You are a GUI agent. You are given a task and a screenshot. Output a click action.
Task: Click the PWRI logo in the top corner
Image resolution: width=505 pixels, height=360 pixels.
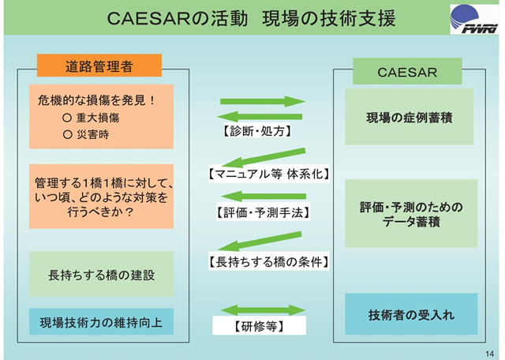(473, 18)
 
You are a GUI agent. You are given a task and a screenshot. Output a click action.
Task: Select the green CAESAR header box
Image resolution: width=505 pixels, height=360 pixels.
(406, 73)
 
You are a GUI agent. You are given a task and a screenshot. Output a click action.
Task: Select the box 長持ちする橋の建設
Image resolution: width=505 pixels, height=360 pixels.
(101, 275)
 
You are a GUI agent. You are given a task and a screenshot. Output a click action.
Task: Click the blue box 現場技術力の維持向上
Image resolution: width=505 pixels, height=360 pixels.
(101, 321)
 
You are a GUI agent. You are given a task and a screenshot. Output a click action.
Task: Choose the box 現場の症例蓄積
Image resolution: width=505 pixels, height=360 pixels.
(409, 117)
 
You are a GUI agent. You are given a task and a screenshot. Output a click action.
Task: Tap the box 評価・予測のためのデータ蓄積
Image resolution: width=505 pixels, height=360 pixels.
(410, 214)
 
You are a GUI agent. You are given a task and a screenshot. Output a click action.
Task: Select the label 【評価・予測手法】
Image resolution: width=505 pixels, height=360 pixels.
(262, 212)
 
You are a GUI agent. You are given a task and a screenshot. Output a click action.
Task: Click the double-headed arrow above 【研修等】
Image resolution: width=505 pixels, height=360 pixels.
(262, 310)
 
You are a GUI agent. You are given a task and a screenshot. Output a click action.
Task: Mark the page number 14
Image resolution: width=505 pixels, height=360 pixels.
(489, 352)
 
